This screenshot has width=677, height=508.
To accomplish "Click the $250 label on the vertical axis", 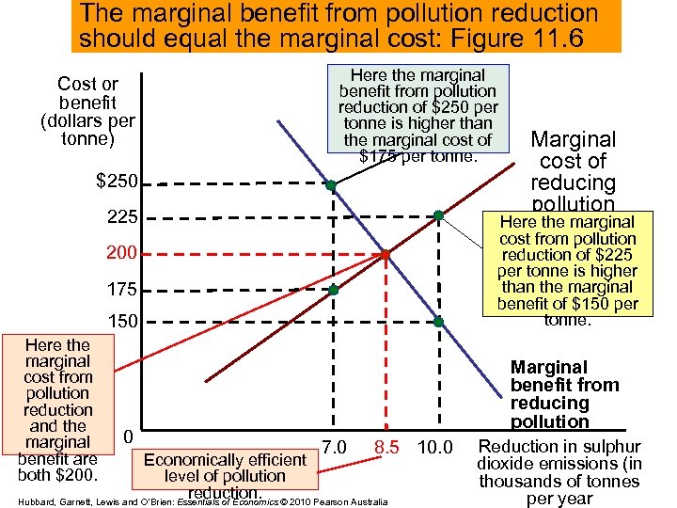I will [x=118, y=181].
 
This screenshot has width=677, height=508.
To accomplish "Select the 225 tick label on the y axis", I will [x=124, y=217].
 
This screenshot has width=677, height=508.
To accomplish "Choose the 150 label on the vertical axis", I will [x=124, y=322].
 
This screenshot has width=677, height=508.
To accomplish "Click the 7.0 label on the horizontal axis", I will [x=334, y=446].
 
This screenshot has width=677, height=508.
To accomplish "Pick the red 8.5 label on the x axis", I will [x=389, y=446].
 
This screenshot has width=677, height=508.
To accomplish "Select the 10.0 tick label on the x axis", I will [x=433, y=446].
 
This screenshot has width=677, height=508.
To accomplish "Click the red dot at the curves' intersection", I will [x=385, y=255].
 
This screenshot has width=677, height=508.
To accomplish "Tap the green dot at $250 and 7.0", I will [x=331, y=185].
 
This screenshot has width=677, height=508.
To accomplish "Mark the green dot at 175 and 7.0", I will [x=333, y=290].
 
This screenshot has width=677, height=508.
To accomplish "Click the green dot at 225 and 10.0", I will [x=438, y=215].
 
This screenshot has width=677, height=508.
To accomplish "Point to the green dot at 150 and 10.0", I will [x=438, y=322].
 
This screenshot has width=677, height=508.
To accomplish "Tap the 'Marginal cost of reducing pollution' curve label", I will [x=573, y=170].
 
